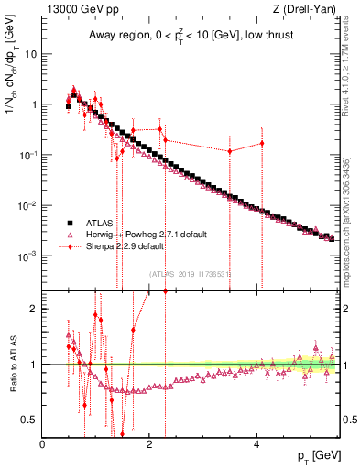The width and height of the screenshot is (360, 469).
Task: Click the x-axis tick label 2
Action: [149, 443]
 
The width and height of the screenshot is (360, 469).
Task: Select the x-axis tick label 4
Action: [256, 443]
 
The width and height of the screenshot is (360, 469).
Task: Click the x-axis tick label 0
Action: [42, 443]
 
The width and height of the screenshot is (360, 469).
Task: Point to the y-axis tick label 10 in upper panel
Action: [30, 53]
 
